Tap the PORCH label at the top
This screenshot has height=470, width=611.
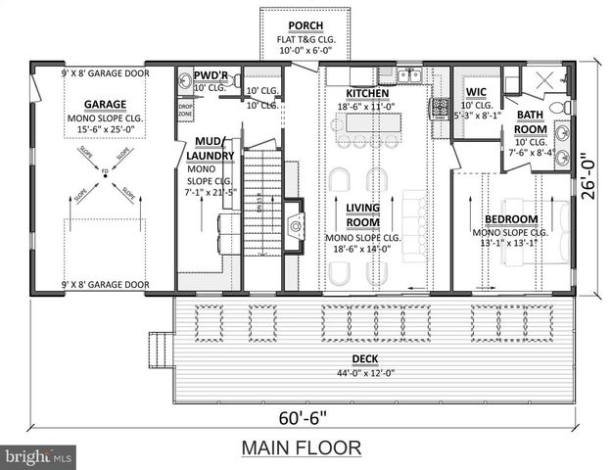pyautogui.click(x=300, y=24)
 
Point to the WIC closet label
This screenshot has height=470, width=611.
pyautogui.click(x=476, y=92)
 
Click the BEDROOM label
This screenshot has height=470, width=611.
pyautogui.click(x=511, y=218)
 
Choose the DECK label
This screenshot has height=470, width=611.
pyautogui.click(x=370, y=359)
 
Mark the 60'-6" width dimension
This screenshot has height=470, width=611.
pyautogui.click(x=303, y=419)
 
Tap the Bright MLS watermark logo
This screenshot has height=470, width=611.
pyautogui.click(x=39, y=456)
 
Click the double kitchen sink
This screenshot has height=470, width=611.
pyautogui.click(x=409, y=74)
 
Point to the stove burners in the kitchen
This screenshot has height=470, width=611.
pyautogui.click(x=440, y=107)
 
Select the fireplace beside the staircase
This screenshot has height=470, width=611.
pyautogui.click(x=293, y=231)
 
